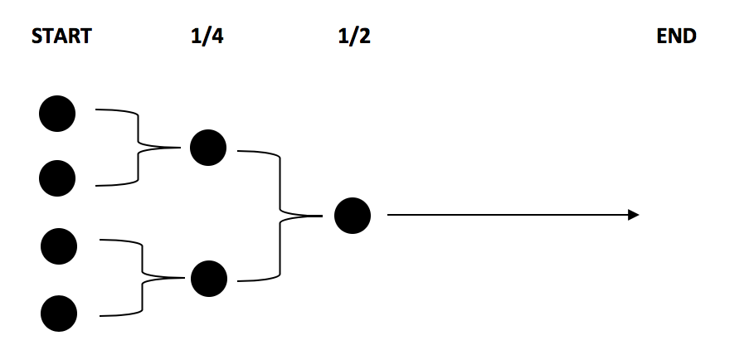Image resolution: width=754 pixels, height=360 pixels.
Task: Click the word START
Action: click(x=61, y=36)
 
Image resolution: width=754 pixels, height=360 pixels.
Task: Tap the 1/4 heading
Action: click(x=207, y=36)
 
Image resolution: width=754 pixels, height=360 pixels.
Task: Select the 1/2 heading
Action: click(x=354, y=36)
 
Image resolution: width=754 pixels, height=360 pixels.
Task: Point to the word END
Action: click(x=676, y=36)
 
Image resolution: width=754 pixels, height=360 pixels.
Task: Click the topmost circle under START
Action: click(x=57, y=114)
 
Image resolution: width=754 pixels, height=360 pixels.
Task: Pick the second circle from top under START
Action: click(x=57, y=178)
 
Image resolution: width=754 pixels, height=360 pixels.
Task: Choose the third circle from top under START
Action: click(x=59, y=246)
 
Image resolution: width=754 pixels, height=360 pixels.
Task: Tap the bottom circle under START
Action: click(x=59, y=313)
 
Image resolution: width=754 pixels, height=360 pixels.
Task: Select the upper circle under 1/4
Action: click(x=208, y=148)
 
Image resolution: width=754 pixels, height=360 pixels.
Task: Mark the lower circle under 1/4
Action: click(x=208, y=279)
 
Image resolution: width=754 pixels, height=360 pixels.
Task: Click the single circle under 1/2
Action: click(x=353, y=216)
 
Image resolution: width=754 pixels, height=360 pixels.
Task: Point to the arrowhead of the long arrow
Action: click(x=634, y=216)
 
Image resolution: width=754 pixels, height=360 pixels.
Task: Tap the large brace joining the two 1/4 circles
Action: click(x=280, y=216)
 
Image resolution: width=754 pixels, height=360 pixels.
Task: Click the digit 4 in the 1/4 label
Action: click(x=218, y=36)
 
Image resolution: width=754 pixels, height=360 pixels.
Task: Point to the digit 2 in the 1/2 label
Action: click(x=365, y=36)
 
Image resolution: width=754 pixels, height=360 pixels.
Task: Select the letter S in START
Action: click(x=36, y=36)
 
